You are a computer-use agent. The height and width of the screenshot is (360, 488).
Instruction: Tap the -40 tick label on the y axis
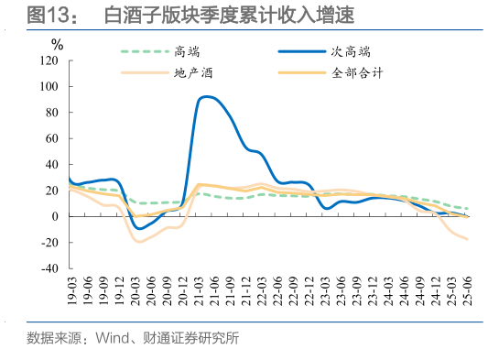(49, 269)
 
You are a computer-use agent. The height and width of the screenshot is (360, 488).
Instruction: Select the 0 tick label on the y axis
(56, 217)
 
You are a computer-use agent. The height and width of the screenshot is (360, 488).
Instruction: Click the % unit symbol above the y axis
(57, 43)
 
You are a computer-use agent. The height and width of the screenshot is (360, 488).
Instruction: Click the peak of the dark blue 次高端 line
(208, 96)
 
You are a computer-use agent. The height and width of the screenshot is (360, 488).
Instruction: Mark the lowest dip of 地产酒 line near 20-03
(138, 242)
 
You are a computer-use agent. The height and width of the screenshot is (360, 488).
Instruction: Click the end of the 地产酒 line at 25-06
(468, 240)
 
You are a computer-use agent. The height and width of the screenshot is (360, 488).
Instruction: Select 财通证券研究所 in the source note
(189, 338)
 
